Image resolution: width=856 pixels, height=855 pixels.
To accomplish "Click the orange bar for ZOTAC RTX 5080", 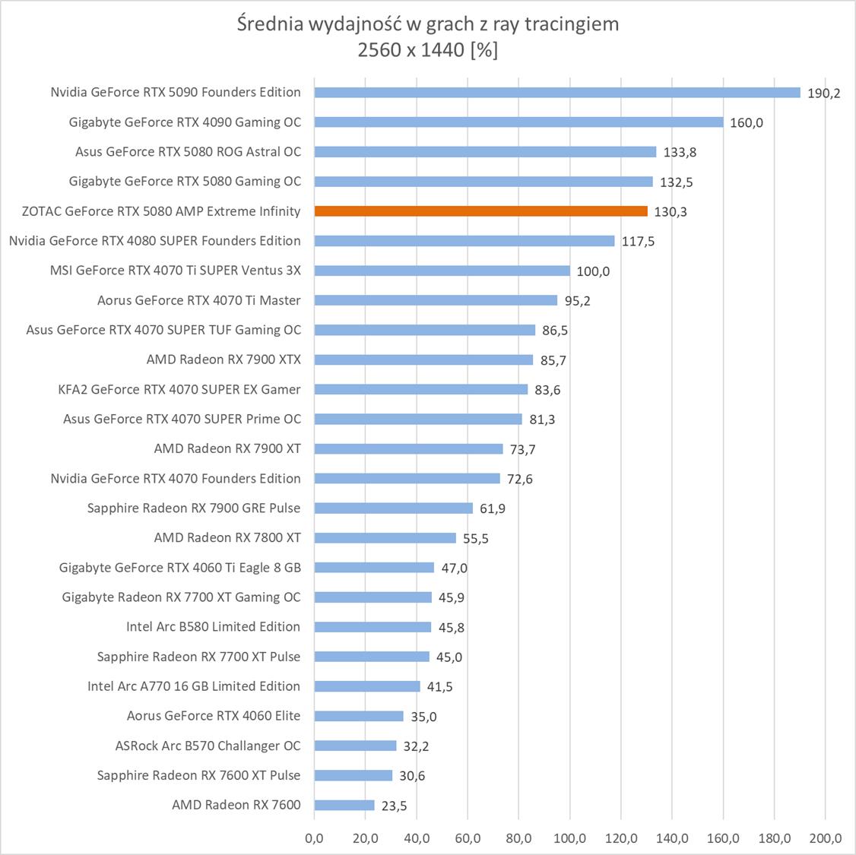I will pyautogui.click(x=480, y=211).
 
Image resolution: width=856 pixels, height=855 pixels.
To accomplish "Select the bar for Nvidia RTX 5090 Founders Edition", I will pyautogui.click(x=557, y=93).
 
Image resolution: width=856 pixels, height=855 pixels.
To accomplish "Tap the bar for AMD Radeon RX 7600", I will pyautogui.click(x=344, y=806).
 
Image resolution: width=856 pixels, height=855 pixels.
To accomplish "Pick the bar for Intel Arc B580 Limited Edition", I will pyautogui.click(x=373, y=627).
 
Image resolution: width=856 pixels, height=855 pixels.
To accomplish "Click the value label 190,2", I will pyautogui.click(x=823, y=93).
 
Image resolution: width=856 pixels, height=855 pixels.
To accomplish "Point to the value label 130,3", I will pyautogui.click(x=670, y=212).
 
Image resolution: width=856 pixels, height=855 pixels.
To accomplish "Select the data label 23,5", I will pyautogui.click(x=394, y=806).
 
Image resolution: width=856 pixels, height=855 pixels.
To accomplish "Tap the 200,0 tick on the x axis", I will pyautogui.click(x=826, y=839).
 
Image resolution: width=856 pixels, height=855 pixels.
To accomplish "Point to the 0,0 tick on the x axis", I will pyautogui.click(x=314, y=839).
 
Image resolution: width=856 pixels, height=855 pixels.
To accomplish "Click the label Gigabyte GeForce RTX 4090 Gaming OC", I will pyautogui.click(x=185, y=122).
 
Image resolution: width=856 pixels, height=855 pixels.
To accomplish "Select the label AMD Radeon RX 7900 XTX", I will pyautogui.click(x=224, y=359).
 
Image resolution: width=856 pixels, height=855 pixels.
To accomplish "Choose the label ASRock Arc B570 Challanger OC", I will pyautogui.click(x=208, y=746).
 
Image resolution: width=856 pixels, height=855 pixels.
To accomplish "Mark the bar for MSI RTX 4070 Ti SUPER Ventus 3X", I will pyautogui.click(x=442, y=271).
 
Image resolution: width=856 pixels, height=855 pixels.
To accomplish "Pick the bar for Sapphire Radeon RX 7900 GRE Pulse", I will pyautogui.click(x=393, y=508).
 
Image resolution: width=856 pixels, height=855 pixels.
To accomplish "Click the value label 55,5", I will pyautogui.click(x=475, y=539).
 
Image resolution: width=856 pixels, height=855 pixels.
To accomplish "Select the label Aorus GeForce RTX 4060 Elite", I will pyautogui.click(x=214, y=716).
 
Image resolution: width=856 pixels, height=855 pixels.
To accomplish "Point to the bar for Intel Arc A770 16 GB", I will pyautogui.click(x=367, y=686).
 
